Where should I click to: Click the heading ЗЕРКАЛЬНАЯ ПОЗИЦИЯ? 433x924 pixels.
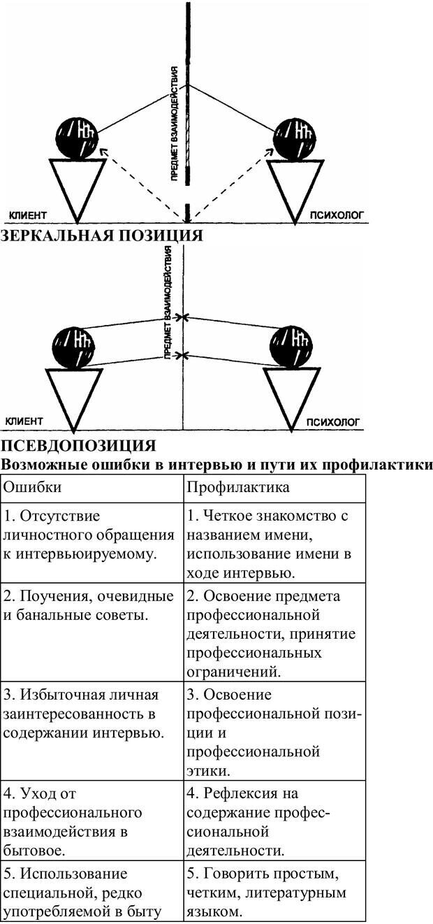tap(101, 236)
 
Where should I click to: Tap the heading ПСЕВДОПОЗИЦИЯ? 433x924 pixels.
tap(78, 445)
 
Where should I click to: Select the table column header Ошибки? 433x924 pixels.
tap(32, 486)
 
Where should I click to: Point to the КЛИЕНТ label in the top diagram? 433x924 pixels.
tap(27, 215)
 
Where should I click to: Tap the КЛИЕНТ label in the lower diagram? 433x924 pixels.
tap(24, 421)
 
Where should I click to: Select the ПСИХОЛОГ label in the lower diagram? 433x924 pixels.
tap(333, 421)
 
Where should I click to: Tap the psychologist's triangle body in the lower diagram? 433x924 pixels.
tap(291, 394)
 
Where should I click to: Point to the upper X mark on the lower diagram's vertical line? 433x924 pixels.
tap(182, 318)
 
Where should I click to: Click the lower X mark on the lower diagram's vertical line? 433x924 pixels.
tap(182, 356)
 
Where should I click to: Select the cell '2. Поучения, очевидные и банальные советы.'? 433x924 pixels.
tap(89, 606)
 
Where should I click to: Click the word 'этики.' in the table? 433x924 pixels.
tap(208, 771)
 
